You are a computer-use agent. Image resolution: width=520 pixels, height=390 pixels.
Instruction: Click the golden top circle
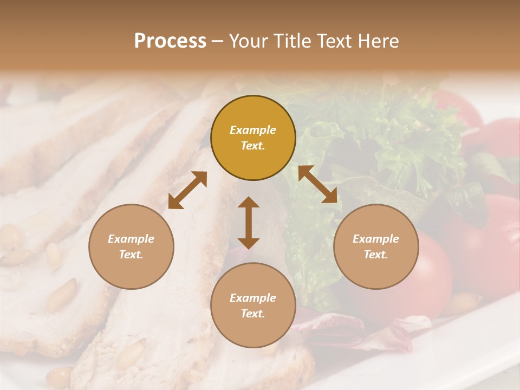253,138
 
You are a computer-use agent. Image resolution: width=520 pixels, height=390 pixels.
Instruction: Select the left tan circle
131,246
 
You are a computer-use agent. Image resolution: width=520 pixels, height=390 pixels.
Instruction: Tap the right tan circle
376,246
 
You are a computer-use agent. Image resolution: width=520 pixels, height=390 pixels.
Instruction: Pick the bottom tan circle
253,305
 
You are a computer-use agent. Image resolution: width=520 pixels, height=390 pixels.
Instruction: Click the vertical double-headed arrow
249,223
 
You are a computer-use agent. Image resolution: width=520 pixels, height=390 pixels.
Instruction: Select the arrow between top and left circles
187,190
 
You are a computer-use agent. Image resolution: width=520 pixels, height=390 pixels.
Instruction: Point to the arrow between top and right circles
317,185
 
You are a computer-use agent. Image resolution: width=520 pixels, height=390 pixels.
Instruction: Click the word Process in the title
170,41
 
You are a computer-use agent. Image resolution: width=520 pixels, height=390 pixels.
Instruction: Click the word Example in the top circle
253,130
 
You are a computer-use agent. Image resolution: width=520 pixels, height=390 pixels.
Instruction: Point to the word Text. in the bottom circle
253,314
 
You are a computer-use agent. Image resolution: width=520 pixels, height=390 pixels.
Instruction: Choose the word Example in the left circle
131,239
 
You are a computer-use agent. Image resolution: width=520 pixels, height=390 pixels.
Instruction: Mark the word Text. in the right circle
376,255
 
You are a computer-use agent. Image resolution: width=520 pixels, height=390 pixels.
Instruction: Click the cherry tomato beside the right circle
433,271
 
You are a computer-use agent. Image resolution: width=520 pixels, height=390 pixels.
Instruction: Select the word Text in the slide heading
334,41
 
